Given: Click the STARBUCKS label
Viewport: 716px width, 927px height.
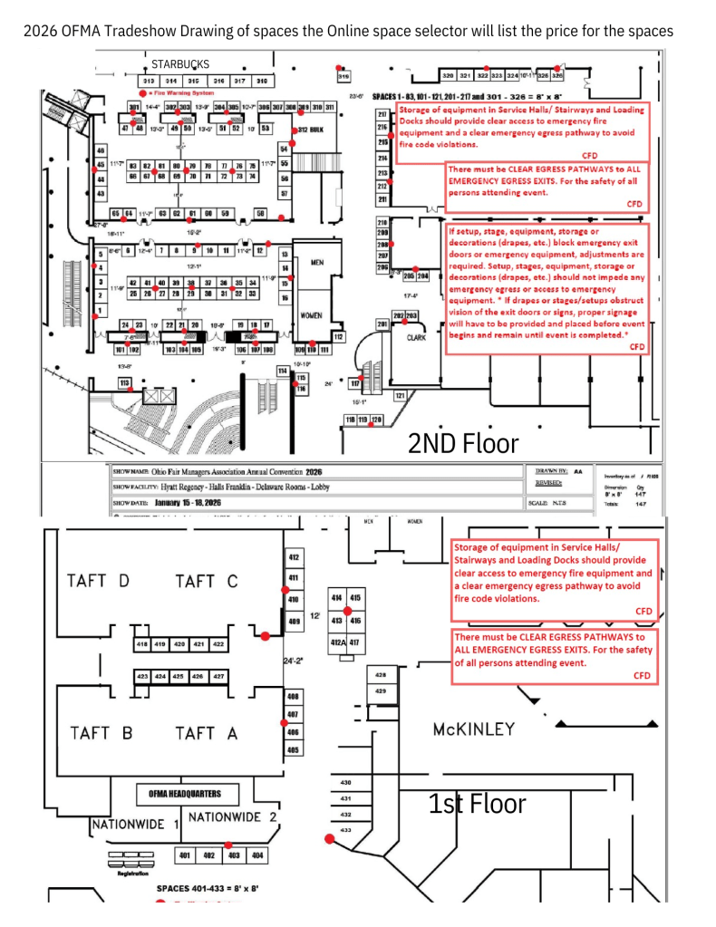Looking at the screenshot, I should click(x=179, y=64).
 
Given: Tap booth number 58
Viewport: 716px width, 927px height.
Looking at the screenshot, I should click(x=260, y=213).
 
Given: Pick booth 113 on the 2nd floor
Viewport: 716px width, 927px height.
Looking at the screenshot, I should click(x=125, y=382).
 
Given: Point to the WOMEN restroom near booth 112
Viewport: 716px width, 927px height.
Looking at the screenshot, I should click(x=311, y=315).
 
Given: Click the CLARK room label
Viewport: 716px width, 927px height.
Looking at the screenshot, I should click(x=416, y=337).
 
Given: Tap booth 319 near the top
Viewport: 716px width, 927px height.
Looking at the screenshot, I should click(x=344, y=77).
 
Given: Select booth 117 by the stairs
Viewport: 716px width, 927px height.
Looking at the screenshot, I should click(x=354, y=384).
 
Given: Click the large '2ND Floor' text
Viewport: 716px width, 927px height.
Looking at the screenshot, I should click(x=463, y=443).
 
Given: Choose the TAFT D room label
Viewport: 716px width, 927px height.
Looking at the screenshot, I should click(x=98, y=581).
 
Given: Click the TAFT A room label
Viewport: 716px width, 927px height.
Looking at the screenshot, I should click(x=207, y=733).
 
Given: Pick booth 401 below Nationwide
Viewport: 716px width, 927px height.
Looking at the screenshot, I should click(x=184, y=855).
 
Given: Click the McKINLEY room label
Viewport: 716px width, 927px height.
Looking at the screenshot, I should click(x=473, y=729).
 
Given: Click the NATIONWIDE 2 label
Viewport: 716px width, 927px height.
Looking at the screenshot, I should click(x=231, y=816).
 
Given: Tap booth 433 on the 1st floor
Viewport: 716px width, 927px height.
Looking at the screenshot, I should click(x=345, y=829).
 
